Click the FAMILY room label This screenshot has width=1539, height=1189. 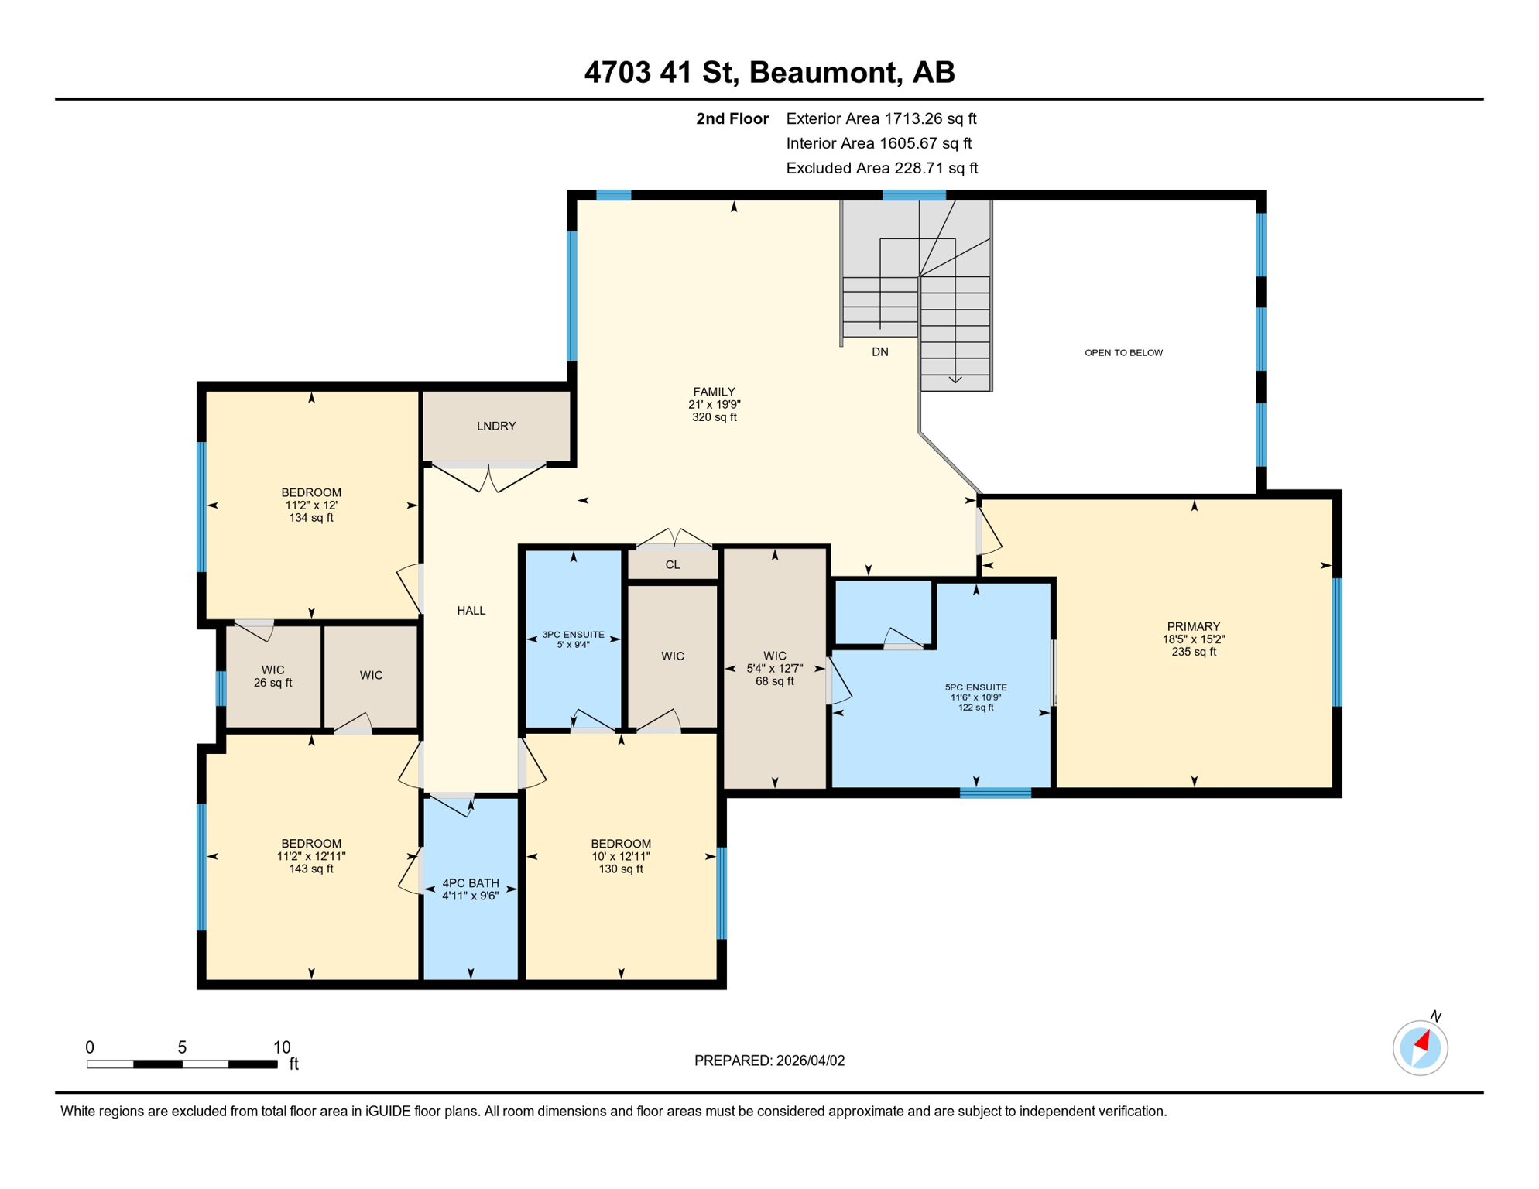click(x=714, y=392)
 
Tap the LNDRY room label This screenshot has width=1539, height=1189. click(x=496, y=427)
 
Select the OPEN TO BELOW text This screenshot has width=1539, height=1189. click(x=1123, y=353)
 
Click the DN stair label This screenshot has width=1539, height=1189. click(x=880, y=352)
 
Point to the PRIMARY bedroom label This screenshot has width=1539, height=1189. click(x=1193, y=627)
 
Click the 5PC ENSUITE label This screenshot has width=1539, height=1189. click(x=975, y=687)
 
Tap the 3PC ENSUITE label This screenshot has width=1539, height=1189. click(x=573, y=635)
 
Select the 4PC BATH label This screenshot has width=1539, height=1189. click(x=471, y=883)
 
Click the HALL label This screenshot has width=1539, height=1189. click(x=471, y=611)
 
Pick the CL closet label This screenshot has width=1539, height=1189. click(x=672, y=565)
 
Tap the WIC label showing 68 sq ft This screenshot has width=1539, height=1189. click(x=774, y=668)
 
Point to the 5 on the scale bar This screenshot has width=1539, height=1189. click(x=182, y=1047)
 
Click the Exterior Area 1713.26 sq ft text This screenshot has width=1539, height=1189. click(x=881, y=118)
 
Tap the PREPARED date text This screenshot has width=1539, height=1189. click(x=769, y=1061)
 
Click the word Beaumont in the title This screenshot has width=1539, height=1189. click(x=824, y=73)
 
